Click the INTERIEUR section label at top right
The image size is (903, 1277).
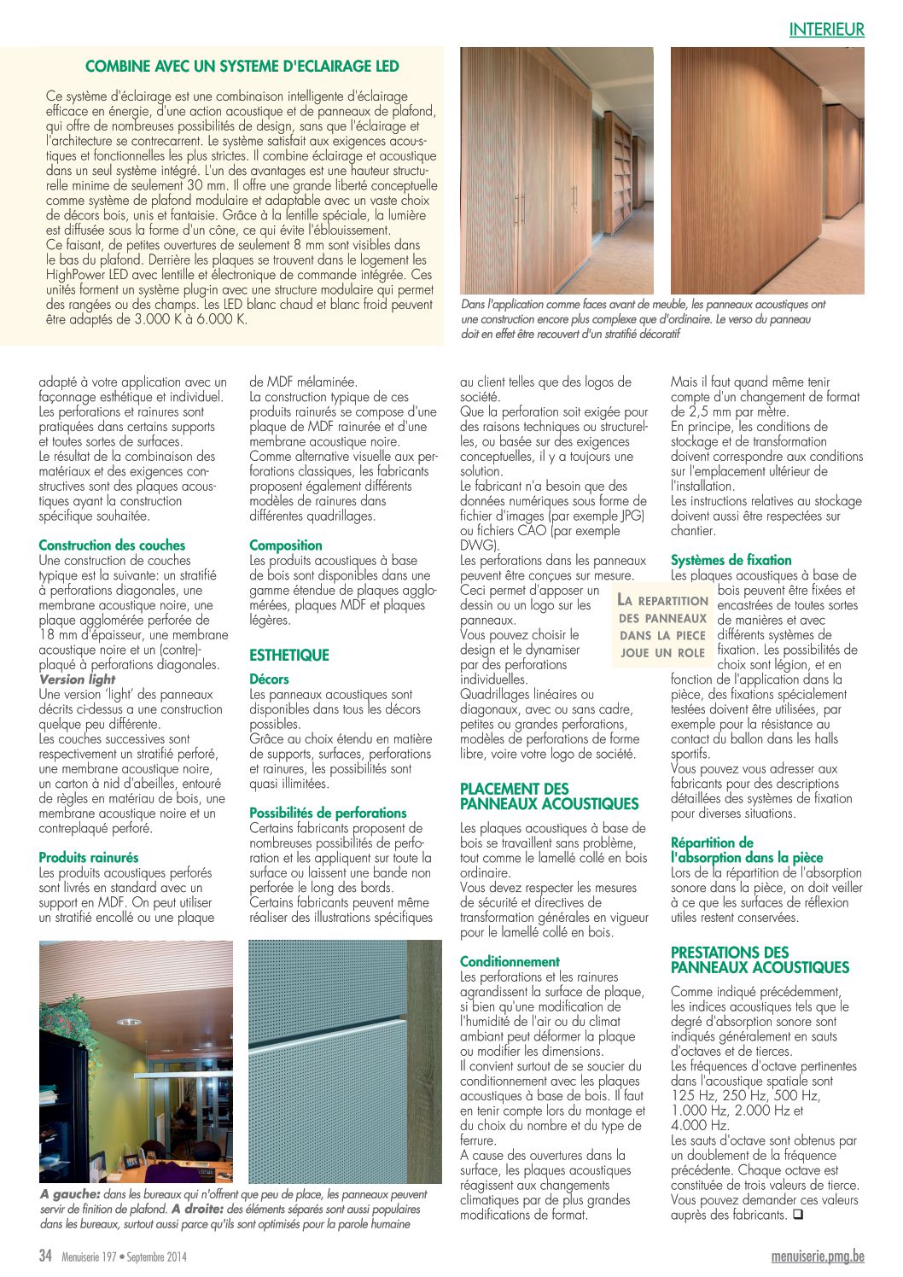[826, 30]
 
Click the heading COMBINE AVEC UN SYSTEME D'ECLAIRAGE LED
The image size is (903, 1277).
[242, 67]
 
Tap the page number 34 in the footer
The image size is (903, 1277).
[46, 1256]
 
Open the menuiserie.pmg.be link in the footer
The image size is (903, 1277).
[817, 1256]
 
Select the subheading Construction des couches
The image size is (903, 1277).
[112, 545]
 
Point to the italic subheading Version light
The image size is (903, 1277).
[77, 679]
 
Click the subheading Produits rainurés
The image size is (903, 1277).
[88, 858]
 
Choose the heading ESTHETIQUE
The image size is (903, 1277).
[288, 656]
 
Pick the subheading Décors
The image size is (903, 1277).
[269, 679]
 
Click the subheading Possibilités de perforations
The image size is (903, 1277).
[328, 813]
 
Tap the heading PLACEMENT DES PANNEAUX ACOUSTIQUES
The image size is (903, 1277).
[549, 796]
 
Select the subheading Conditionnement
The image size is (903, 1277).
[510, 962]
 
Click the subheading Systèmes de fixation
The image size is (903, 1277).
[731, 561]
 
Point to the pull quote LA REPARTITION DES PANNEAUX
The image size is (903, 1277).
[663, 627]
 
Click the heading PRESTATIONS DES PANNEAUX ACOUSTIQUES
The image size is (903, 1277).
[760, 960]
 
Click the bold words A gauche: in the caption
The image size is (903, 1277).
[70, 1194]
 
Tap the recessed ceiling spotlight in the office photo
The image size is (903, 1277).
[129, 1021]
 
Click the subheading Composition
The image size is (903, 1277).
[285, 545]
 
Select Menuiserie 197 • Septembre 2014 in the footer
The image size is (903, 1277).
[124, 1257]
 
